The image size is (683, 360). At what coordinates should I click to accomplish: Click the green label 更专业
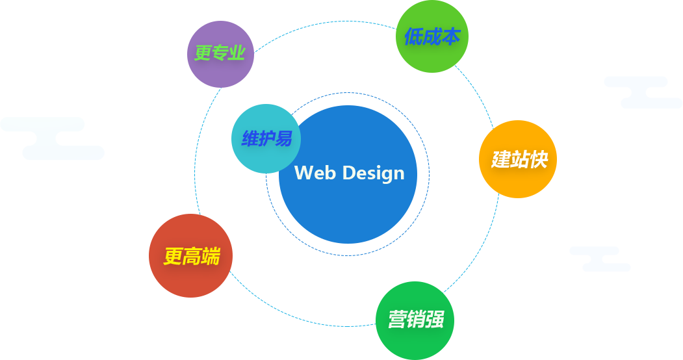[220, 53]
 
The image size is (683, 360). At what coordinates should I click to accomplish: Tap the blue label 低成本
[432, 37]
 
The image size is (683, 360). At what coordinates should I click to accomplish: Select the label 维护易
[266, 139]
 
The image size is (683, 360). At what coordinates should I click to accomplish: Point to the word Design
[373, 173]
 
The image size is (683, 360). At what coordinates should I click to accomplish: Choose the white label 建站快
[519, 159]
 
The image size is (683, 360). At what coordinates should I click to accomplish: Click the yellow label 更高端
[192, 257]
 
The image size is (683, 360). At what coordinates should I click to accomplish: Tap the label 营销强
[416, 319]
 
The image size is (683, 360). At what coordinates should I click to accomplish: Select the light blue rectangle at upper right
[643, 92]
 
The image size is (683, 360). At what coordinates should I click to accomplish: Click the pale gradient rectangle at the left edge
[52, 138]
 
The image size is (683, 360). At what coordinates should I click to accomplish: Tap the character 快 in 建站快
[538, 159]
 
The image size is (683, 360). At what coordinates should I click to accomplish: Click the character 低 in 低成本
[414, 37]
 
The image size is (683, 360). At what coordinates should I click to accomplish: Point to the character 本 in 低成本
[451, 37]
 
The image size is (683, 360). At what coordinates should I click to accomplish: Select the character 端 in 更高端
[211, 257]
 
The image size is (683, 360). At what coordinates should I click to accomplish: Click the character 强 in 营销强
[435, 319]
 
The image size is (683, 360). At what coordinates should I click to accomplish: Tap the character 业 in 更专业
[237, 53]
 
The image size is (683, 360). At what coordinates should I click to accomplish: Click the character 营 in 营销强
[397, 319]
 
